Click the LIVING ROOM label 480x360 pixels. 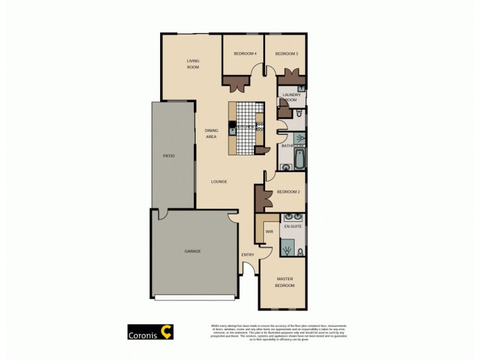(193, 64)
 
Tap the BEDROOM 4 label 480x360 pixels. (245, 54)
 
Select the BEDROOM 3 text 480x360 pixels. (287, 54)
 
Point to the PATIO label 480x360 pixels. (169, 156)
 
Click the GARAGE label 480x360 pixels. (193, 251)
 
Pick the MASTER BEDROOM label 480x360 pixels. (285, 282)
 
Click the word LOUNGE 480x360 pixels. (218, 181)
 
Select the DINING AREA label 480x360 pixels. (211, 133)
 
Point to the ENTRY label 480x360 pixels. (248, 255)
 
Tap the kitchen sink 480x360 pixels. (232, 128)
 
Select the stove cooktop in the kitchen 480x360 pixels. (260, 126)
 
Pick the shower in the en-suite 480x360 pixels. (287, 247)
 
